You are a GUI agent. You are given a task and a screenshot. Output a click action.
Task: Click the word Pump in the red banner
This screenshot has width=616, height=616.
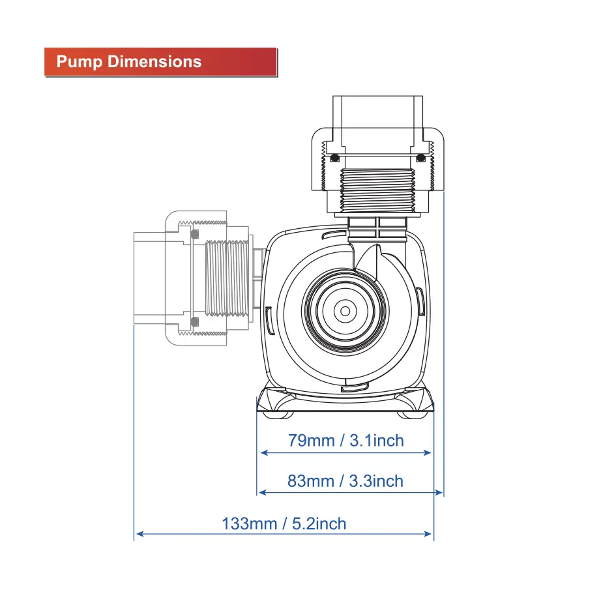(80, 62)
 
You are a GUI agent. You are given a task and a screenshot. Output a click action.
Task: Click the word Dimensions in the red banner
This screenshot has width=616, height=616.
(154, 62)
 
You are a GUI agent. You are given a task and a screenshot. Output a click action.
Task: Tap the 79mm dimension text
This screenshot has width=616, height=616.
(311, 441)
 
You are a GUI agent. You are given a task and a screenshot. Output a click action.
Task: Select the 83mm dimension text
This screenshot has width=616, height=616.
(311, 481)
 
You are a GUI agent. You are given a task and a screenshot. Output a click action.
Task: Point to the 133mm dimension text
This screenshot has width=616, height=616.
(250, 524)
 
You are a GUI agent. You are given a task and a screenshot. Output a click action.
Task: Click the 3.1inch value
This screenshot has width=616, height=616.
(377, 441)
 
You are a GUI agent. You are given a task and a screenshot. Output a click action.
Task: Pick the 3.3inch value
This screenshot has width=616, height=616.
(376, 481)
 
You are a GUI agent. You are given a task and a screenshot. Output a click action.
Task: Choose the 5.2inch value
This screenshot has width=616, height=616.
(319, 524)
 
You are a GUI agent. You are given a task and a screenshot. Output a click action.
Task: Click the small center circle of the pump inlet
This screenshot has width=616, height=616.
(345, 311)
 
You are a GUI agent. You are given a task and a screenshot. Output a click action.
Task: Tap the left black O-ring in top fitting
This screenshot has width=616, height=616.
(334, 158)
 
